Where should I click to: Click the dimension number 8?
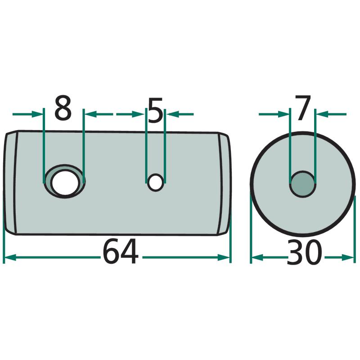(63, 108)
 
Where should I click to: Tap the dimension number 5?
(155, 109)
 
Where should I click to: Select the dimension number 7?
(303, 108)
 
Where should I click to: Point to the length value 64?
(121, 252)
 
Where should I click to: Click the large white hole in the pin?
(65, 183)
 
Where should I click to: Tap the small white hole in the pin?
(155, 182)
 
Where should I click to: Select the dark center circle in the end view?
(302, 184)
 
